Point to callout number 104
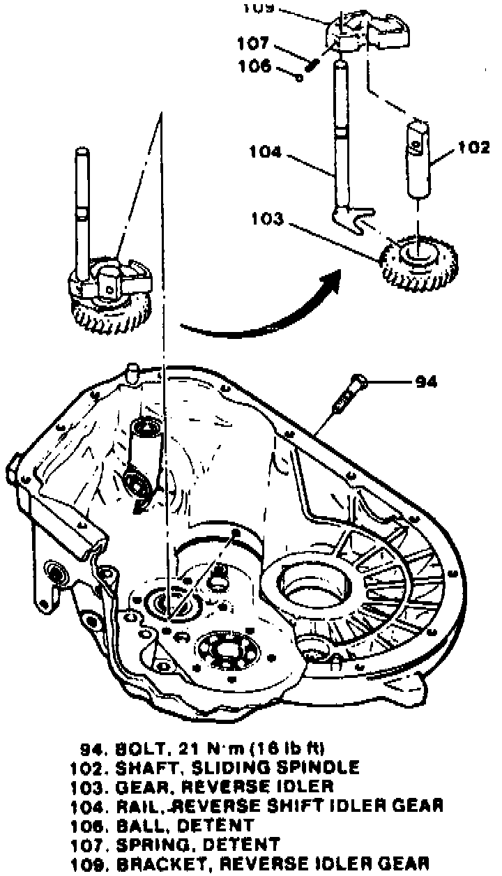coord(267,152)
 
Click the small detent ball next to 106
coord(299,78)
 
